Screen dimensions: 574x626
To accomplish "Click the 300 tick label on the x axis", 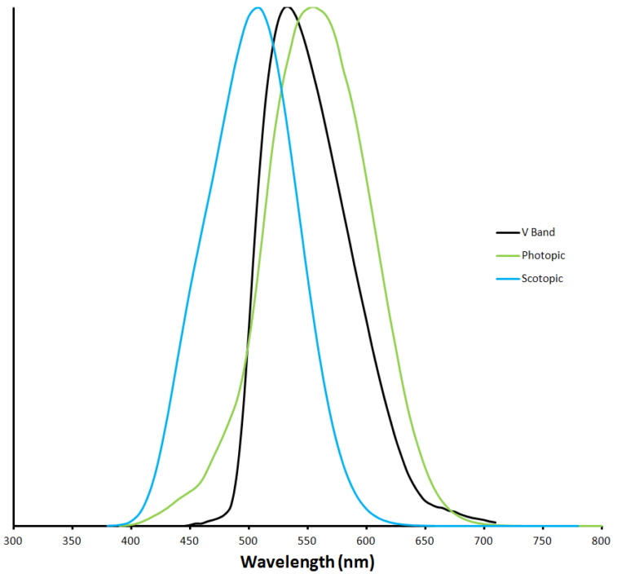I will click(13, 541).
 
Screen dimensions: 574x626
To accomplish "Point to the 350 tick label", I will click(72, 541).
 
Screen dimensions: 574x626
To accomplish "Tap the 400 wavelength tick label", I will click(130, 541).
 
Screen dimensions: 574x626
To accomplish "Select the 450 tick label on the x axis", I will click(190, 541).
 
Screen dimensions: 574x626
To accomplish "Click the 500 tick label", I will click(249, 541).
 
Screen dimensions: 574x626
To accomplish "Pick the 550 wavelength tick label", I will click(307, 541).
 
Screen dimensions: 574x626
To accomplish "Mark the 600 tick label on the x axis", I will click(366, 541).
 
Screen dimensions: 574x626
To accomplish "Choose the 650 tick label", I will click(425, 541).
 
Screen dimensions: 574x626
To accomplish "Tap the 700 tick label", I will click(484, 541).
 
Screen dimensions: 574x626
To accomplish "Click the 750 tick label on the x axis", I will click(543, 541).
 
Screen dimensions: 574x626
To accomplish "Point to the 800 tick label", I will click(602, 541).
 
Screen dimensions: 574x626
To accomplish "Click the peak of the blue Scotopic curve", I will click(258, 7).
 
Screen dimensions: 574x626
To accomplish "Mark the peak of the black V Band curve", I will click(286, 7).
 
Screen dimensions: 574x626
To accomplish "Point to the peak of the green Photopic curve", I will click(314, 7).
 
